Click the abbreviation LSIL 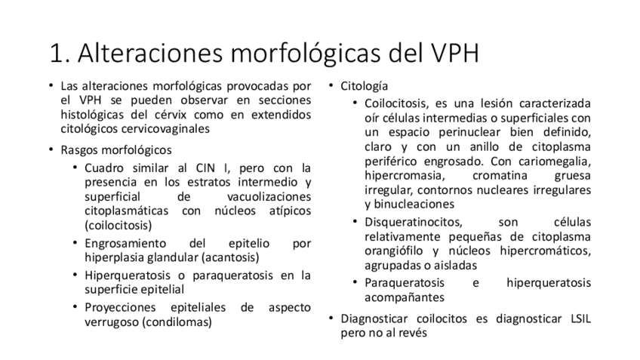tap(575, 318)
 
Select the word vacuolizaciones tap(269, 195)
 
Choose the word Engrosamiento tap(125, 243)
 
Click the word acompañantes tap(401, 297)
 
